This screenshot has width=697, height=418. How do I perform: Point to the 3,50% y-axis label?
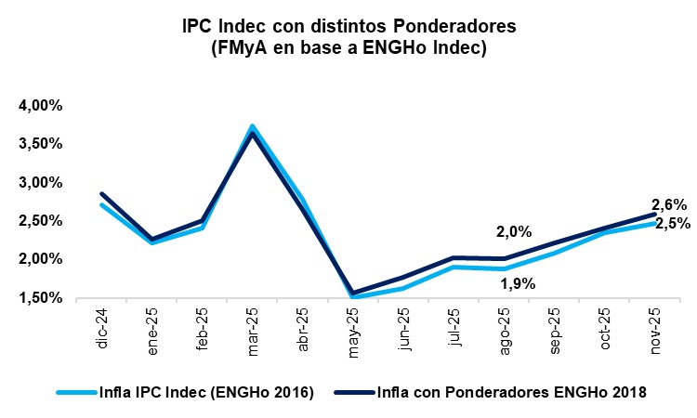40,144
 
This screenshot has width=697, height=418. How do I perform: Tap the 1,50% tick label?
40,298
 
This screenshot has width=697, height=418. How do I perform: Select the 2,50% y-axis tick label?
40,221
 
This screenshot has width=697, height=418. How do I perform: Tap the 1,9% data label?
518,284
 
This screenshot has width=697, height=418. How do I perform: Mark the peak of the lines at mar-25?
252,128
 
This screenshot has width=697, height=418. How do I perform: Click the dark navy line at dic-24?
101,194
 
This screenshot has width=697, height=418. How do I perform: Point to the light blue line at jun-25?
402,288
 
